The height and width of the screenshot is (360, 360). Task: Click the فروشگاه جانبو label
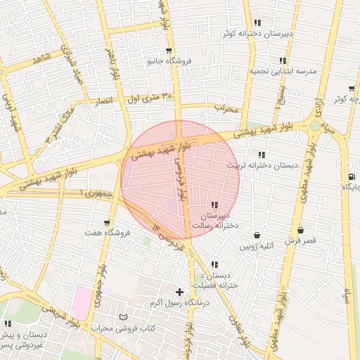coord(169,61)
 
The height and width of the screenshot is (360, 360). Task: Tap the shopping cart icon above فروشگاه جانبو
coord(169,51)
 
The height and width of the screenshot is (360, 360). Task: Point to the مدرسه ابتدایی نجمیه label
coord(283,72)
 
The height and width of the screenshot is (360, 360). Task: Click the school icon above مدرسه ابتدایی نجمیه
coord(283,61)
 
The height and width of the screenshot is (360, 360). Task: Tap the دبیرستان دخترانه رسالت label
coord(214,219)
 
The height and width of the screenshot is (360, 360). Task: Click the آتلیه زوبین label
coord(256,246)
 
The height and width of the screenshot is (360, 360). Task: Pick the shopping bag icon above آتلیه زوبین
coord(256,235)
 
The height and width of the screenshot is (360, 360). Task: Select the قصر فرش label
coord(301,240)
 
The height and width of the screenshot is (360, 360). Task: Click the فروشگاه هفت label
coord(105,232)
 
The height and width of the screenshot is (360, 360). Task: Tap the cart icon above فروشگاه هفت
coord(106,222)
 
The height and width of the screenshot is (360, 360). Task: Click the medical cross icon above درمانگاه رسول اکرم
coord(179,292)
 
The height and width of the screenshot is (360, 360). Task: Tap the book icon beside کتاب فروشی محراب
coord(124,318)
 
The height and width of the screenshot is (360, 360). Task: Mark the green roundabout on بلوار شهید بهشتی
coord(314,126)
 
